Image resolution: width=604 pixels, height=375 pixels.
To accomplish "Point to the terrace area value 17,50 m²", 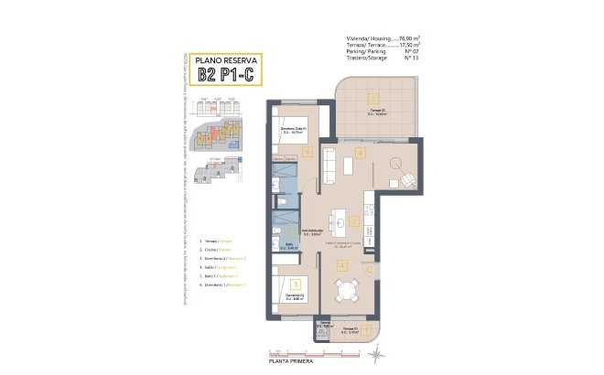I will (403, 44).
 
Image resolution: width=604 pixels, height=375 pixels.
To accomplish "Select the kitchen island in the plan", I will (340, 220).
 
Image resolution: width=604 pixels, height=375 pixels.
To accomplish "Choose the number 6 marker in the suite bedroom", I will (308, 152).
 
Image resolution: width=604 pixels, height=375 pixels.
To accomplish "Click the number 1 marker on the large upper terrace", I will (372, 98).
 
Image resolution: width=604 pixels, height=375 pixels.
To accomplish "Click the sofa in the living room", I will (327, 166).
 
